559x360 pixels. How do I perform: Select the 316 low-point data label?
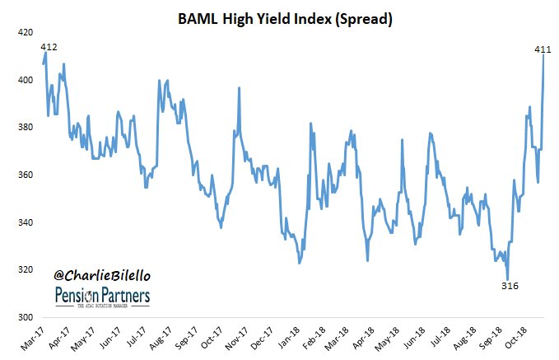(x=510, y=286)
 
